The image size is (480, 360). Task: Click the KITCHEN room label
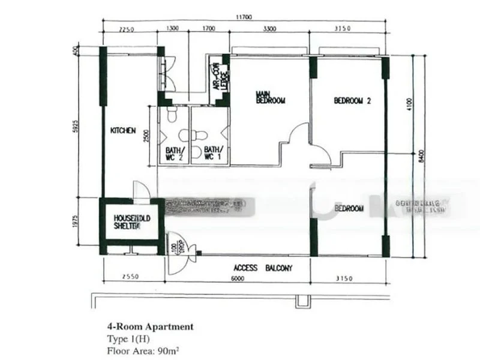click(124, 130)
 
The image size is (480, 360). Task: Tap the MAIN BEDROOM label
click(269, 97)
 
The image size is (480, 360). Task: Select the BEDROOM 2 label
click(352, 101)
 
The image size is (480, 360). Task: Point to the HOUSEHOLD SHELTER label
click(127, 220)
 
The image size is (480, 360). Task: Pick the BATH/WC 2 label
click(174, 154)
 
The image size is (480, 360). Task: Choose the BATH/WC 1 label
click(214, 154)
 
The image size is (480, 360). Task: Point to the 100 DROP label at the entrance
click(175, 247)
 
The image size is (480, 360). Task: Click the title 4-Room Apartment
click(150, 327)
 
